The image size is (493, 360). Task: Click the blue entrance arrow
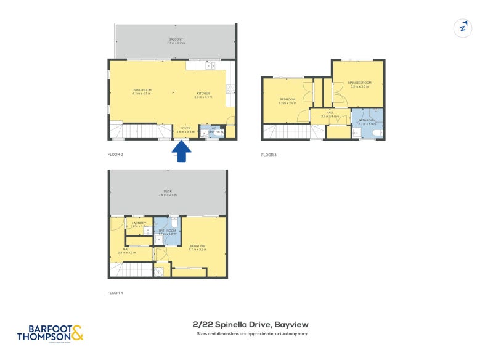pyautogui.click(x=181, y=152)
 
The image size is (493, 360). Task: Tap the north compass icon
pyautogui.click(x=462, y=28)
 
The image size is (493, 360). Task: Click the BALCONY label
pyautogui.click(x=176, y=39)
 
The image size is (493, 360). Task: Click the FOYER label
pyautogui.click(x=185, y=128)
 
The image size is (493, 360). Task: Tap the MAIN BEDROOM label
pyautogui.click(x=359, y=83)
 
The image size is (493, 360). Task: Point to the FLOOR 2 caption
pyautogui.click(x=115, y=154)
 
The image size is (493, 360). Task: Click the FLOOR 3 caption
pyautogui.click(x=269, y=154)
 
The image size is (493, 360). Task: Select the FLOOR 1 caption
pyautogui.click(x=115, y=292)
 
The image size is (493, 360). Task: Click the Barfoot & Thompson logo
pyautogui.click(x=50, y=333)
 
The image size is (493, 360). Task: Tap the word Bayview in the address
pyautogui.click(x=291, y=324)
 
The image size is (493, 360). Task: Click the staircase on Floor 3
pyautogui.click(x=289, y=131)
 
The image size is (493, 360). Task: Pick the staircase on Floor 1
pyautogui.click(x=135, y=269)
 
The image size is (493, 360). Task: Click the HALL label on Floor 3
pyautogui.click(x=330, y=113)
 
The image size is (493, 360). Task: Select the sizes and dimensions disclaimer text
pyautogui.click(x=251, y=333)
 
